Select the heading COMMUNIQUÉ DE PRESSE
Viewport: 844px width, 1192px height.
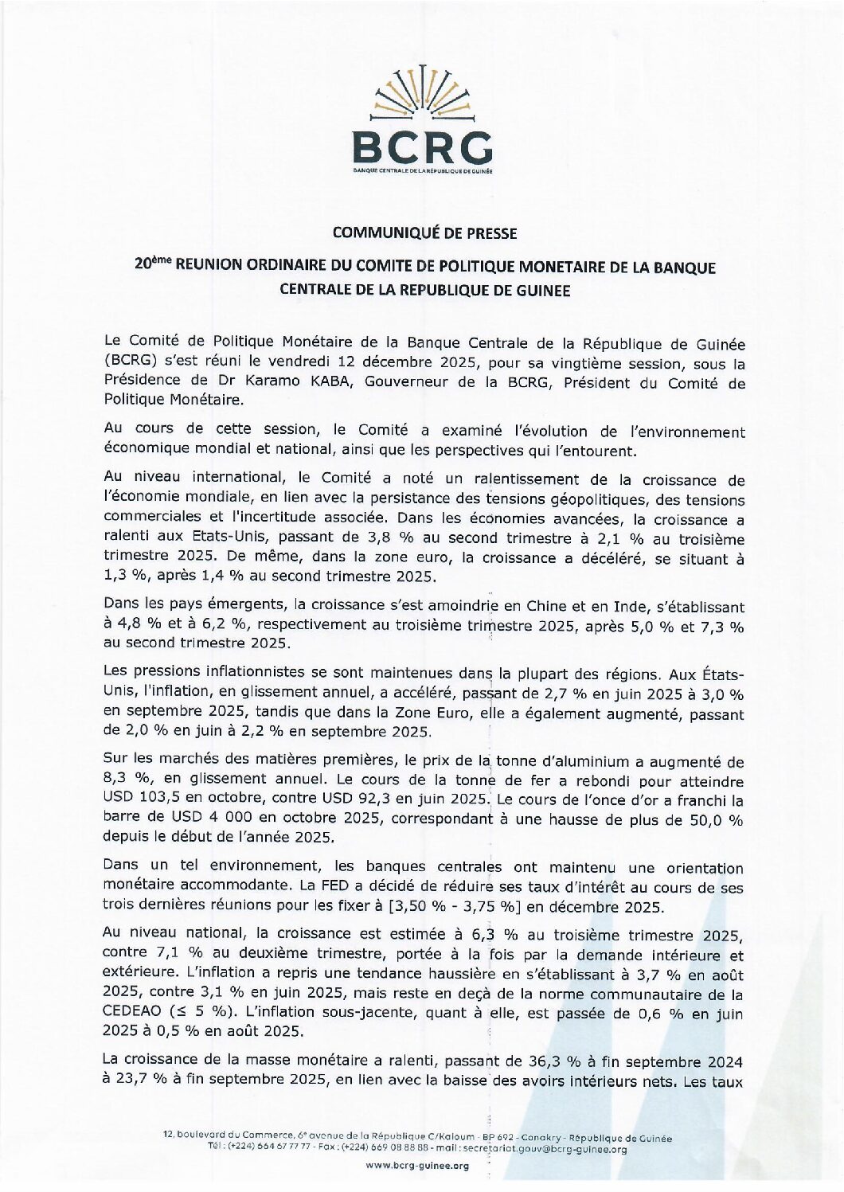424,233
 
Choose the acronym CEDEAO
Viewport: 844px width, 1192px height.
132,1013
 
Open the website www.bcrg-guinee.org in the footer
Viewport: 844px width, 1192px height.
418,1166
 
